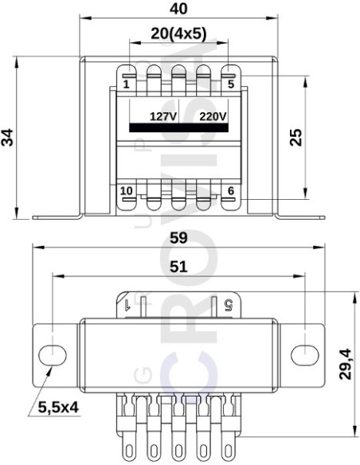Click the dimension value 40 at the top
[179, 10]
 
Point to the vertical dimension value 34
[9, 137]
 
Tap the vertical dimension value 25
[295, 137]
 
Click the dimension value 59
[179, 237]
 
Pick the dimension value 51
[179, 267]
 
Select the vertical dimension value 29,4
[345, 364]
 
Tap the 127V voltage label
[163, 115]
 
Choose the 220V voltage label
[213, 115]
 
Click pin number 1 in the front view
[127, 84]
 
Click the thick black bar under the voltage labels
[179, 127]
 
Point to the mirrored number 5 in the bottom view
[229, 303]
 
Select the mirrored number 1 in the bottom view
[127, 303]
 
